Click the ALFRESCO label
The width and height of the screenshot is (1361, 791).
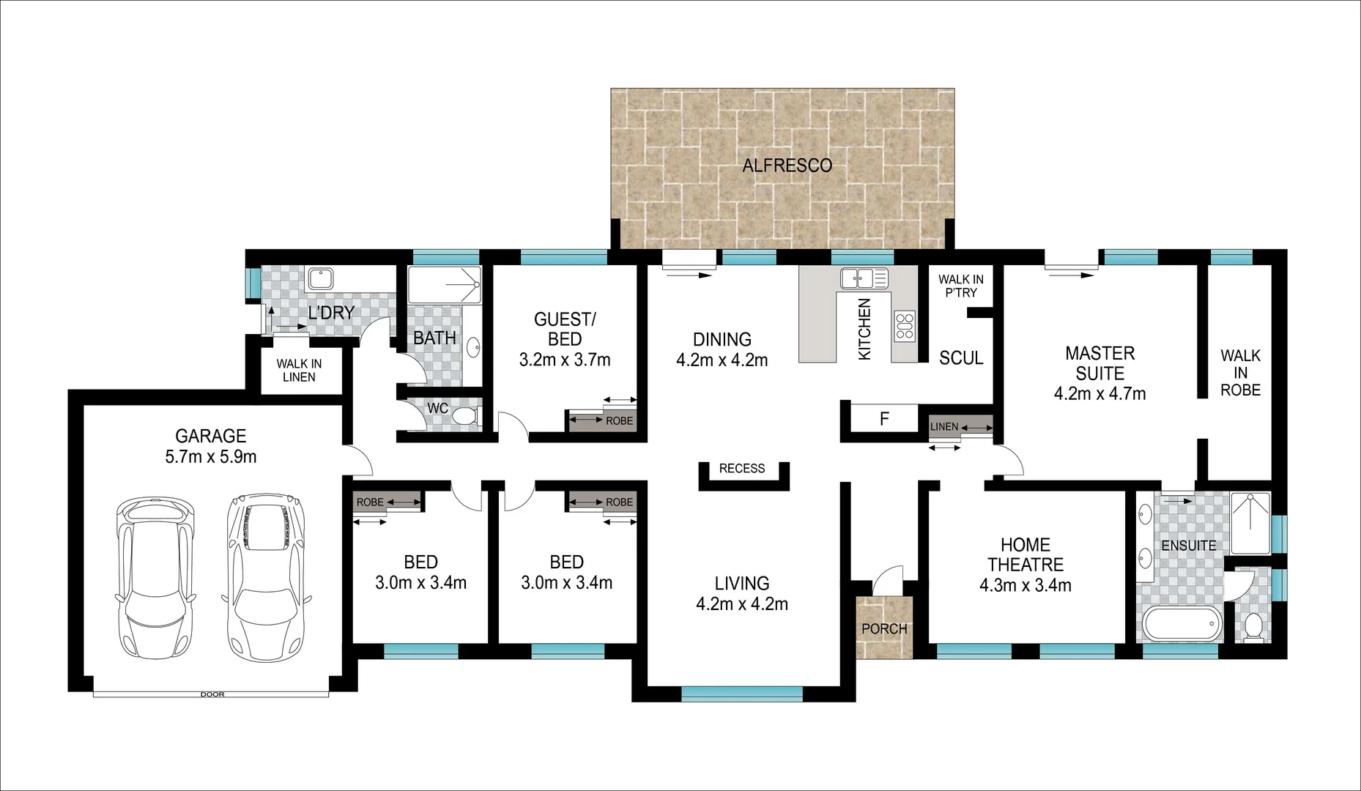pos(787,166)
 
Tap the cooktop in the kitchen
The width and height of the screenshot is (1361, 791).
pos(905,326)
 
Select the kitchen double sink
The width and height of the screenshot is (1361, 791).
pos(864,278)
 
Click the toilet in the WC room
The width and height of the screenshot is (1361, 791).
pos(464,417)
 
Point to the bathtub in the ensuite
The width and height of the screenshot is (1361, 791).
pos(1182,623)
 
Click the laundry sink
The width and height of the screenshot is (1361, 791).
pos(320,278)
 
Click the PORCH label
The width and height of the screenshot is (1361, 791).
pos(884,628)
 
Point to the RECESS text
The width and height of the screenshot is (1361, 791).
pos(742,469)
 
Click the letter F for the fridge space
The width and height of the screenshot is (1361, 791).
pos(884,420)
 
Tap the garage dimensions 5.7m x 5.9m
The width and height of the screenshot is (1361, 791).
pos(211,457)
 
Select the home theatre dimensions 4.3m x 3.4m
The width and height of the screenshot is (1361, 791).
pos(1026,585)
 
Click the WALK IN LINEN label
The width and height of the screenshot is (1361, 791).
pos(299,371)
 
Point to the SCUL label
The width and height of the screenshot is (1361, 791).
pos(961,358)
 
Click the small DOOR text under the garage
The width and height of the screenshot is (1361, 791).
pos(212,694)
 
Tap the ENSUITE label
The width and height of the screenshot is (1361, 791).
pos(1188,546)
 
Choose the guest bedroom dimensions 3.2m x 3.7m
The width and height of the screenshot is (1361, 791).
pos(565,360)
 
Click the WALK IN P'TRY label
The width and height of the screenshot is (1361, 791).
pos(961,286)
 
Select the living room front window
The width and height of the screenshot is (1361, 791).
pos(742,693)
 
